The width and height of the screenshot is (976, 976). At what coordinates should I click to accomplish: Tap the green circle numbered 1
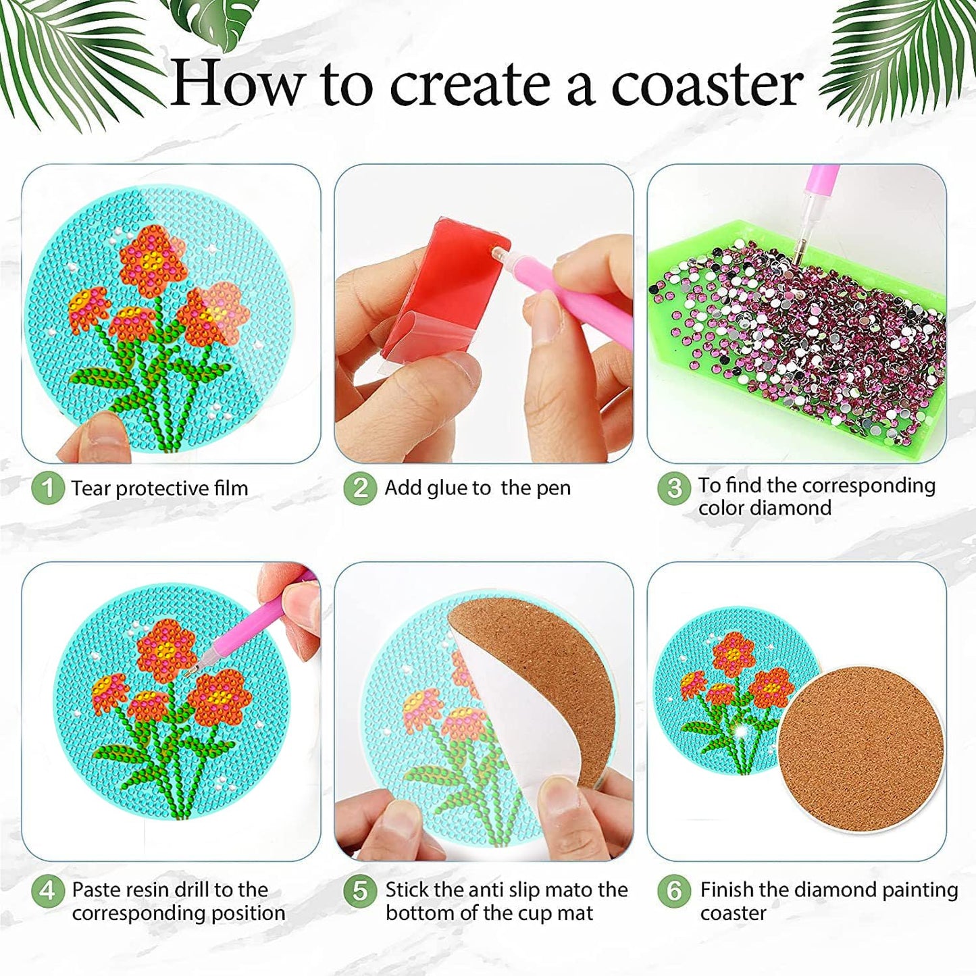click(47, 488)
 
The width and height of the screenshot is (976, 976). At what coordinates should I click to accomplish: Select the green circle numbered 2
click(359, 488)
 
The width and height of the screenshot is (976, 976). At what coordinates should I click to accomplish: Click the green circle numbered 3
click(673, 488)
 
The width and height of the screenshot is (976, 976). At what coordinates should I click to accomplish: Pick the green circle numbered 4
click(47, 891)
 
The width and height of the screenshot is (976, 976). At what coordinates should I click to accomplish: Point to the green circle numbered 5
click(360, 891)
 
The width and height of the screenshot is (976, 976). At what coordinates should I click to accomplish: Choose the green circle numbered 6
click(673, 891)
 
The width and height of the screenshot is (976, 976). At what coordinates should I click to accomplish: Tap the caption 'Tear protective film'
click(159, 488)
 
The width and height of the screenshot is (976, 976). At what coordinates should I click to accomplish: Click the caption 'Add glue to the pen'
click(478, 488)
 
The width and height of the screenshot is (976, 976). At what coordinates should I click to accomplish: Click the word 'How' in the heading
click(236, 84)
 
